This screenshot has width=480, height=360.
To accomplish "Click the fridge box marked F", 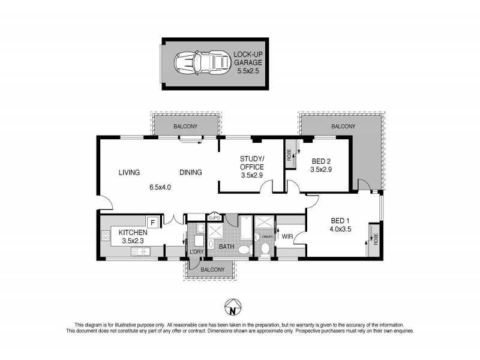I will click(152, 222).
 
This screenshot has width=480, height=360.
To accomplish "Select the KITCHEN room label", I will click(134, 233).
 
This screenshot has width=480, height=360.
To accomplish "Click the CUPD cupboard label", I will click(214, 218).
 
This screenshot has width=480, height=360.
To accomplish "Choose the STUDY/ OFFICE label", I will click(251, 163).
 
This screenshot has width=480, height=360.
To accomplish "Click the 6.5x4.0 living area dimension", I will click(160, 187).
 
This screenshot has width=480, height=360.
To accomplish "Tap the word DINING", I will click(191, 172).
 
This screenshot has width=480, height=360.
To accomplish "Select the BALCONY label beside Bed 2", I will click(343, 127).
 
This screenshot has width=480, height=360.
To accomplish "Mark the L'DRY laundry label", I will click(196, 251).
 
